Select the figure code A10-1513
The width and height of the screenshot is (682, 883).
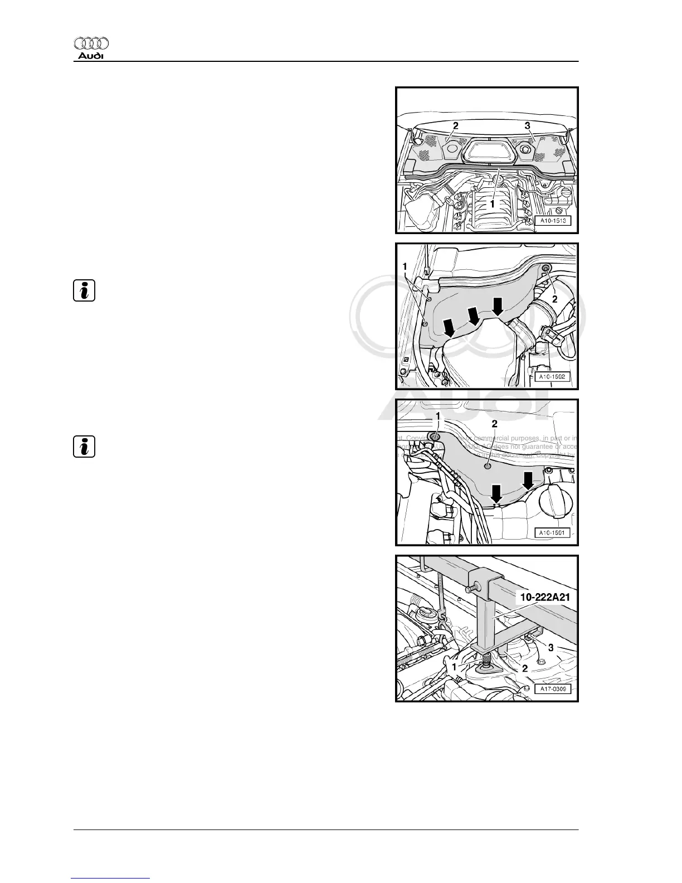(552, 221)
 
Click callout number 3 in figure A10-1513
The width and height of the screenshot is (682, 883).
(527, 126)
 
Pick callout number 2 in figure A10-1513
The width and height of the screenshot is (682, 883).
(455, 126)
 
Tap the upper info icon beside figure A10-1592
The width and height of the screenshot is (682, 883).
(84, 291)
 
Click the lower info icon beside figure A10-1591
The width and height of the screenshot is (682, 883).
(84, 447)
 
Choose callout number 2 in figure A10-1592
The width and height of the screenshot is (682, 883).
(554, 299)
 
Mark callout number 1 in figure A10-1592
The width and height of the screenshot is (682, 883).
(405, 266)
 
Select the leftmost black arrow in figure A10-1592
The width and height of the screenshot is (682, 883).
(449, 327)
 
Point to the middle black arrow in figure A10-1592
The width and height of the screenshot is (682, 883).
(474, 316)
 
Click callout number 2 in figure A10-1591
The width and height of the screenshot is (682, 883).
(494, 424)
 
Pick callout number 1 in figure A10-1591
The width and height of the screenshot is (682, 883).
(437, 416)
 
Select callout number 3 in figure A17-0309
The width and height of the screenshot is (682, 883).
(551, 648)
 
